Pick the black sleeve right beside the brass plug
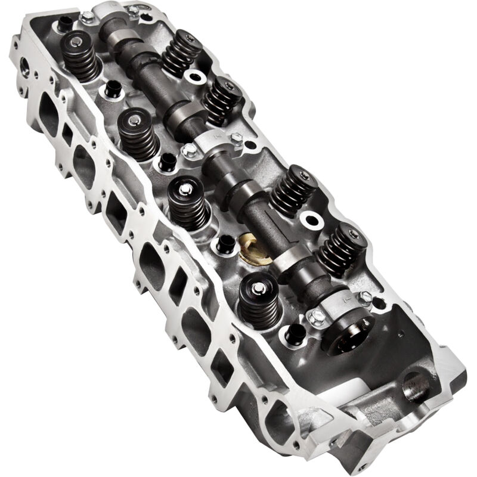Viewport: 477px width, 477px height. (225, 243)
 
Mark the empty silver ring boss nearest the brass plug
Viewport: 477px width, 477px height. (311, 219)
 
